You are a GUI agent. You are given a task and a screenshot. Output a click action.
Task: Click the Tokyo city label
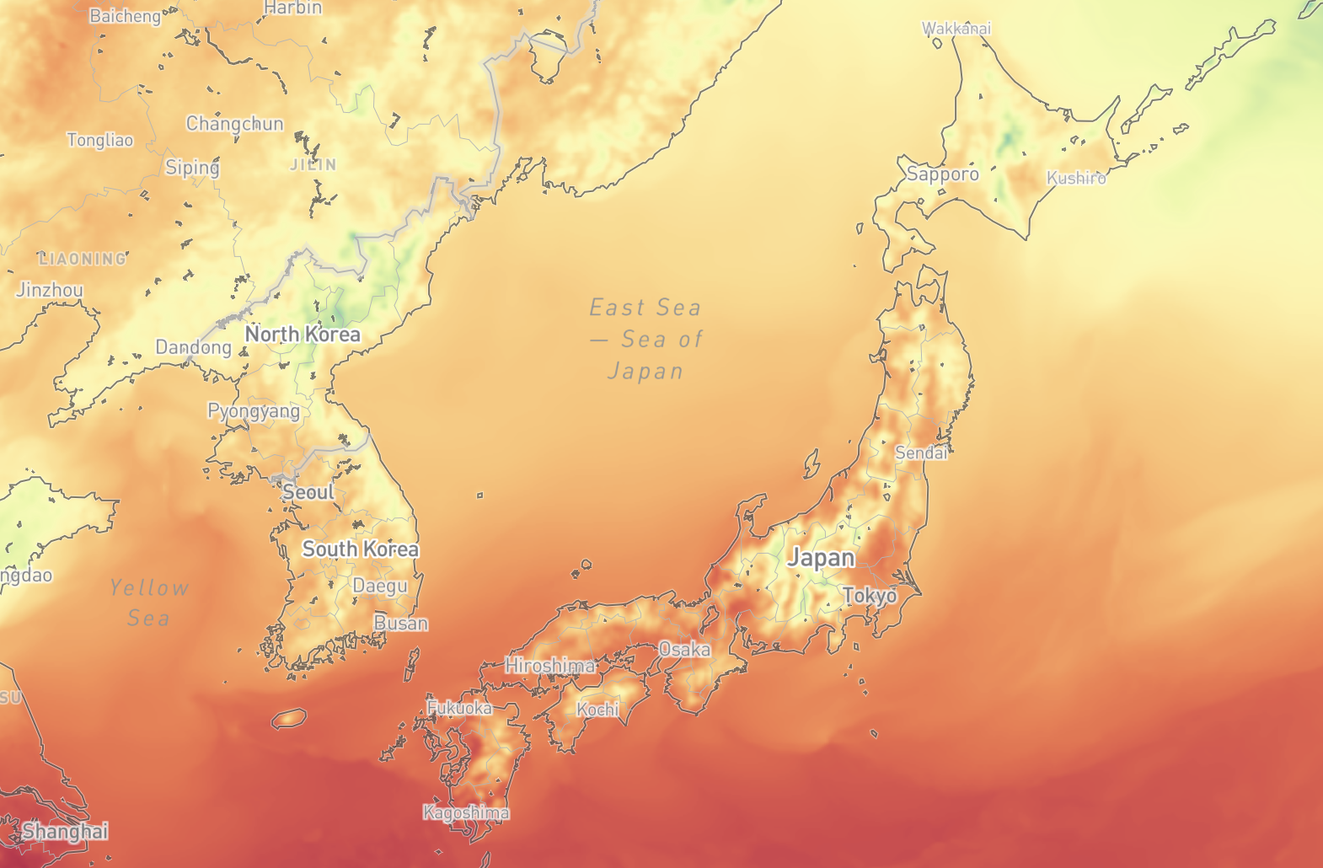click(870, 596)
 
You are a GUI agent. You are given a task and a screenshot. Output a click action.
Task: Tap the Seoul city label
click(308, 492)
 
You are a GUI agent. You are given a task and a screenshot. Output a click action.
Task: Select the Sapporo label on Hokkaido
click(943, 174)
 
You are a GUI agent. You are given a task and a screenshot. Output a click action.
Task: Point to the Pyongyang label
click(254, 411)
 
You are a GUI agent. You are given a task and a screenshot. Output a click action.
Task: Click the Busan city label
click(401, 624)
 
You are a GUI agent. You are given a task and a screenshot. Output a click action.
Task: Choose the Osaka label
click(684, 650)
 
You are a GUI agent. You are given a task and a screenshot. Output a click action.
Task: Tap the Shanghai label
click(65, 832)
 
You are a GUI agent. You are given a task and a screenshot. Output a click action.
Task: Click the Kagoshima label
click(466, 813)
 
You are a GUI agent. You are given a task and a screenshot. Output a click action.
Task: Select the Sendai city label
click(921, 453)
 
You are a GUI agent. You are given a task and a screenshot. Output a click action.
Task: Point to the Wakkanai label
click(956, 29)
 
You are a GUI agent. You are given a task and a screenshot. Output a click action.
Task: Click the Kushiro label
click(1076, 178)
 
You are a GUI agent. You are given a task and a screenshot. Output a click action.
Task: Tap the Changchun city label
click(234, 124)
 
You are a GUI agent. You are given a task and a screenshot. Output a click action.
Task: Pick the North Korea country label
click(303, 335)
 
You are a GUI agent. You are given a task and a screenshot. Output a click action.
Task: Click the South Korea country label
click(360, 549)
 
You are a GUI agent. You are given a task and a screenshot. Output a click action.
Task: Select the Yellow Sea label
click(149, 603)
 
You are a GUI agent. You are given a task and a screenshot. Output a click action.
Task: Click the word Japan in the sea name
click(645, 372)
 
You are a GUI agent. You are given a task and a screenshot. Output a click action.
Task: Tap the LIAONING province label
click(83, 259)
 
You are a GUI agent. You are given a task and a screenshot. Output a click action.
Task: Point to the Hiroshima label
click(549, 666)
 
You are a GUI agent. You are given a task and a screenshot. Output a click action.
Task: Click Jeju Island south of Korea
click(289, 718)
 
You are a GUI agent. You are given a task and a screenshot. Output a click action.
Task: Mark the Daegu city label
click(379, 586)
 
